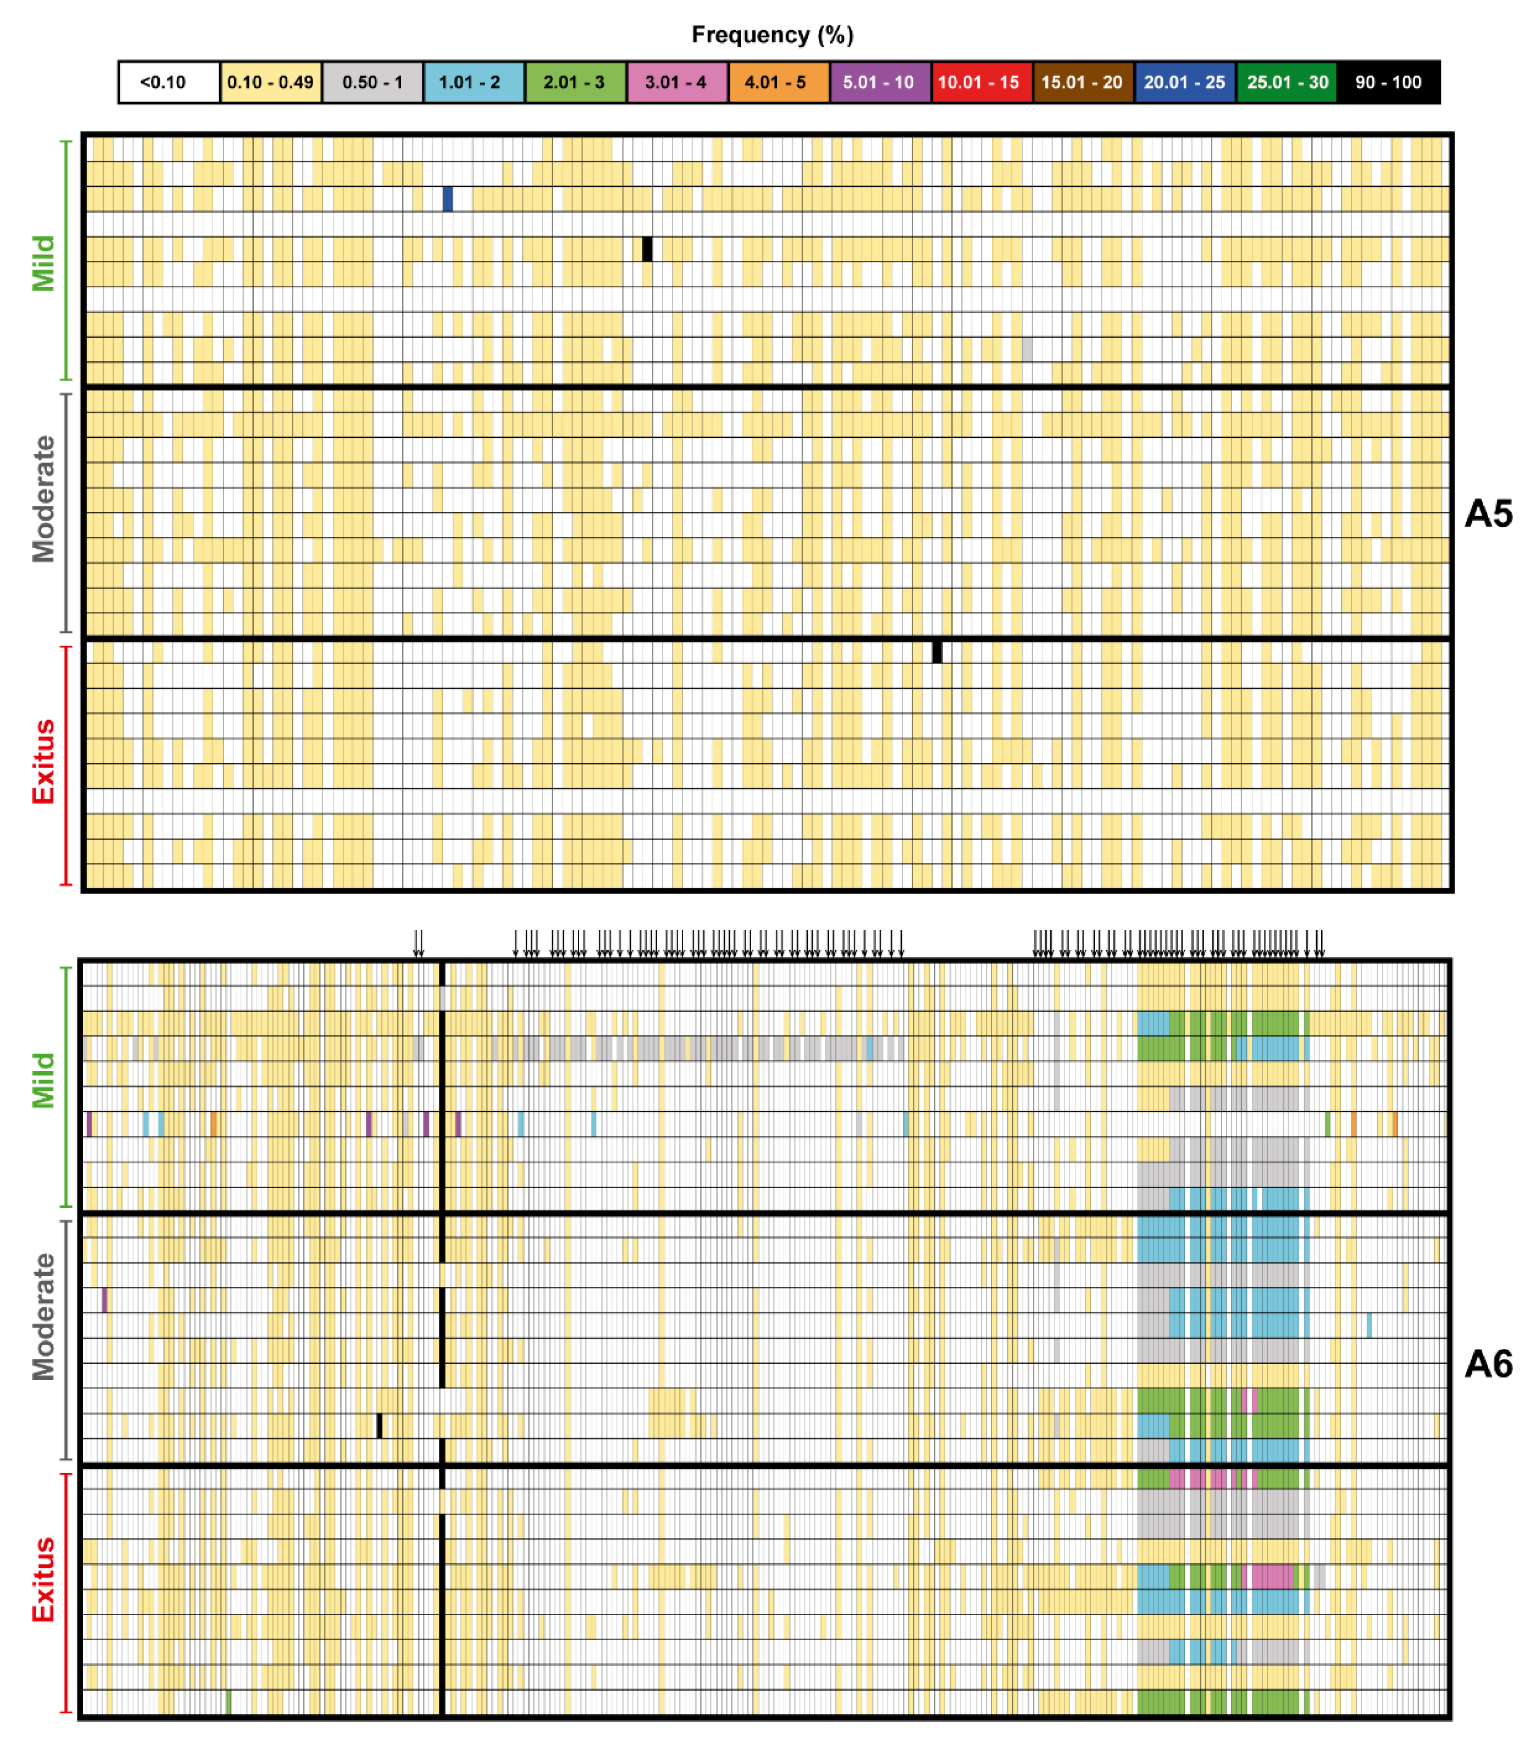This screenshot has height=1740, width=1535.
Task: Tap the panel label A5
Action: pos(1487,513)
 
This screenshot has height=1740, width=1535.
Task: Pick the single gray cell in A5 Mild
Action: pos(1027,349)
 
